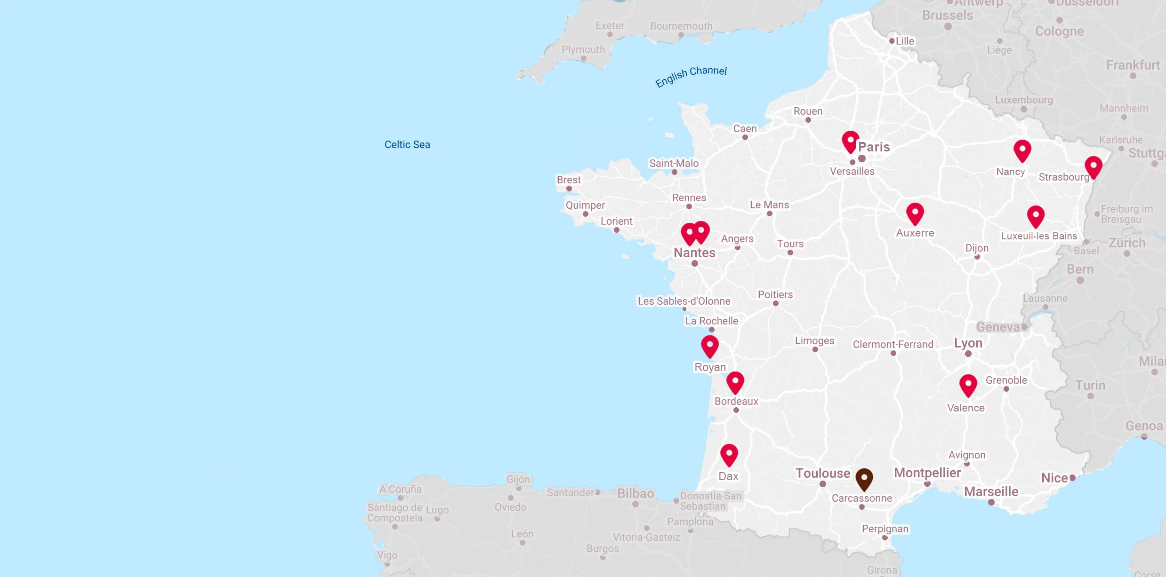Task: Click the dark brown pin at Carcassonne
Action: (x=864, y=479)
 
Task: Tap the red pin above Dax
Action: (x=729, y=454)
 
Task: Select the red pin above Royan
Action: (x=709, y=346)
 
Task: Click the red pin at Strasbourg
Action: (x=1093, y=166)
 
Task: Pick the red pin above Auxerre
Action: (x=915, y=213)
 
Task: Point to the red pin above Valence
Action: (x=968, y=385)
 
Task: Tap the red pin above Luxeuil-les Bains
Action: (x=1036, y=216)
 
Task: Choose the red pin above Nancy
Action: (x=1022, y=150)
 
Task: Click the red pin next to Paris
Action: (x=850, y=141)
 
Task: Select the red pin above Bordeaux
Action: (x=735, y=382)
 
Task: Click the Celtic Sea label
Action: (x=407, y=145)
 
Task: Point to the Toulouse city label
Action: (x=823, y=473)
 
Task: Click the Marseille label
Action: (x=991, y=491)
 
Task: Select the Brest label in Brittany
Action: (x=569, y=180)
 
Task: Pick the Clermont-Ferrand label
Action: (x=893, y=345)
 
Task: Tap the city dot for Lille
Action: (x=892, y=41)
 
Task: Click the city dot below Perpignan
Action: (x=885, y=537)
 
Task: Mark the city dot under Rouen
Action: (x=808, y=120)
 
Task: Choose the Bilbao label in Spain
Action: (x=635, y=493)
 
